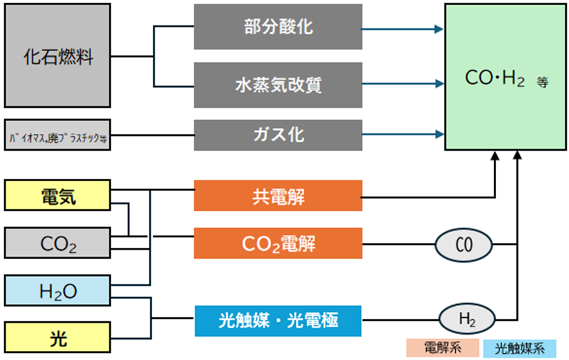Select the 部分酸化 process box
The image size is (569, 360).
pos(278,27)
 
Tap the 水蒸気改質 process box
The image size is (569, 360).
pos(278,85)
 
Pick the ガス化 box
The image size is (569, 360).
pos(278,135)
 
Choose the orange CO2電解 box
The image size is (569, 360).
pos(278,244)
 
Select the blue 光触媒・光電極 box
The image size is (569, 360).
pos(278,320)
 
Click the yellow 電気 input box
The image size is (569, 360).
pos(58,198)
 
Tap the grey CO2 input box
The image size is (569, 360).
pos(58,244)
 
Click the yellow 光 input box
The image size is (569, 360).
pos(58,338)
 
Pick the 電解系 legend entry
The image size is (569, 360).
pos(442,348)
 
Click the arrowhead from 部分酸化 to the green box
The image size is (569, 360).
pos(440,29)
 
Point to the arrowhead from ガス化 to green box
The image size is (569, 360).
pos(440,135)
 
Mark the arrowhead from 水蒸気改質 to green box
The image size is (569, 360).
pos(440,84)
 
